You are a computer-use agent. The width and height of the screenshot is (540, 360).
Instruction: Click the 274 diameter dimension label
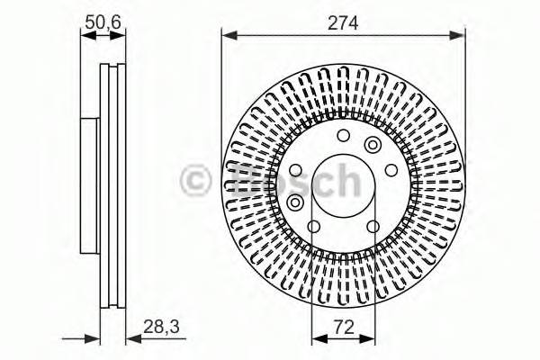pos(344,23)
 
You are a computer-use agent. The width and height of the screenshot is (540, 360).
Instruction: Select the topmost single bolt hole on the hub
pos(343,136)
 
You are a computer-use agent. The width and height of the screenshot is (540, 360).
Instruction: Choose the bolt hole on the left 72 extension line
pos(312,226)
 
